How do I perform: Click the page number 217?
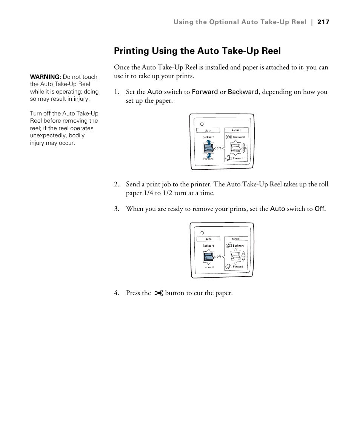coord(323,22)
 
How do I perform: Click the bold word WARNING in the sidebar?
coord(46,77)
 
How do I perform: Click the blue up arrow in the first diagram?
coord(209,141)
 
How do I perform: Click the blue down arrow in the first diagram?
coord(209,155)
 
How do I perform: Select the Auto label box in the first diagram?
coord(208,131)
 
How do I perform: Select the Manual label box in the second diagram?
coord(236,239)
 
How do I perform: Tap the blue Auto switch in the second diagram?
coord(208,257)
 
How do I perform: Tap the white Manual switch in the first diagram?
coord(236,148)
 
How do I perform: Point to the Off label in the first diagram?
coord(219,148)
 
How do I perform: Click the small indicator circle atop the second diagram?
coord(202,233)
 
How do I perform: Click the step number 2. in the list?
coord(117,184)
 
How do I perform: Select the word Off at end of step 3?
coord(320,209)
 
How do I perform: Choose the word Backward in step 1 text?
coord(243,92)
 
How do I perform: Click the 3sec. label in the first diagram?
coord(244,148)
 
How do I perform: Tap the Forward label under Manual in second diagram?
coord(238,267)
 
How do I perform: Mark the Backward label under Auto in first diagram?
coord(208,137)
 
